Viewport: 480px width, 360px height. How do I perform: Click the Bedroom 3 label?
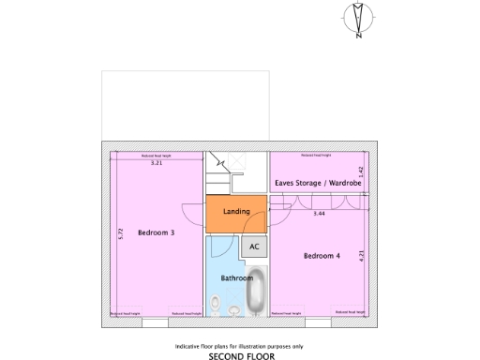156,232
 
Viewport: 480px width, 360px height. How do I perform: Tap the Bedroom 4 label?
322,255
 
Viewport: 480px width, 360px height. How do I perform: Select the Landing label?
236,212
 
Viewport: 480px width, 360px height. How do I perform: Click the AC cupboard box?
253,247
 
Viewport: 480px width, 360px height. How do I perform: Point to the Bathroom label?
236,278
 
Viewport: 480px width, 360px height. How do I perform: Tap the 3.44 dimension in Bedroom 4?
320,215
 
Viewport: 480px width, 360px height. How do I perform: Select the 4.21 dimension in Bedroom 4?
362,255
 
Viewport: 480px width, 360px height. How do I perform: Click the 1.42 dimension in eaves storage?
362,173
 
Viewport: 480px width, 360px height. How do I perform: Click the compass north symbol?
357,19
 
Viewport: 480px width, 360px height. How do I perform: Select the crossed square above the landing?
239,160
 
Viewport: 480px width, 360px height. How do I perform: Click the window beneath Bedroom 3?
156,322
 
